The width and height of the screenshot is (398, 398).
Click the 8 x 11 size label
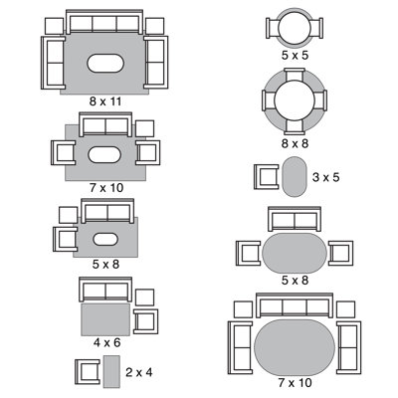pyautogui.click(x=105, y=101)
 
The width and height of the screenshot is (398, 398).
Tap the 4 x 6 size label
pyautogui.click(x=106, y=342)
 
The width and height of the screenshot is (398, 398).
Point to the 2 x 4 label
pyautogui.click(x=139, y=372)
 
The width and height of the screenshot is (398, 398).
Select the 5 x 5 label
pyautogui.click(x=295, y=55)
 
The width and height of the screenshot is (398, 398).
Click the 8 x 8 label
pyautogui.click(x=295, y=143)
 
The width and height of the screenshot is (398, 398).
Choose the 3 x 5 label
pyautogui.click(x=326, y=177)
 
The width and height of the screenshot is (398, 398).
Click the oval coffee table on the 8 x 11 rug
pyautogui.click(x=105, y=63)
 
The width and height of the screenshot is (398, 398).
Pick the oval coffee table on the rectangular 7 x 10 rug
pyautogui.click(x=104, y=154)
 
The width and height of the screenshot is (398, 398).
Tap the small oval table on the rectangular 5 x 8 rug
pyautogui.click(x=105, y=240)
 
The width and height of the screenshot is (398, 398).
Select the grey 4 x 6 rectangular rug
pyautogui.click(x=105, y=319)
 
